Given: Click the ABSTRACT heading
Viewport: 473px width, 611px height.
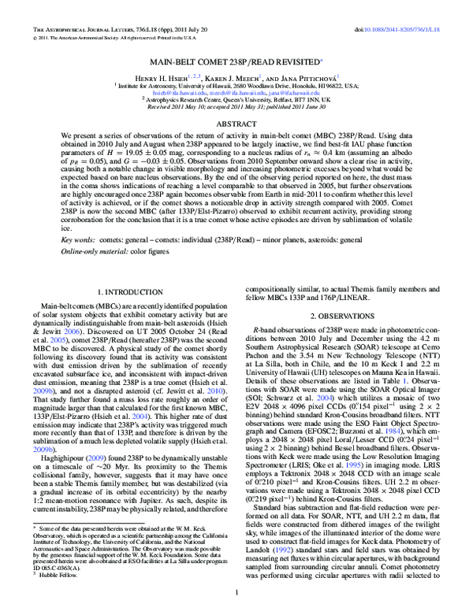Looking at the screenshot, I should (x=236, y=125).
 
